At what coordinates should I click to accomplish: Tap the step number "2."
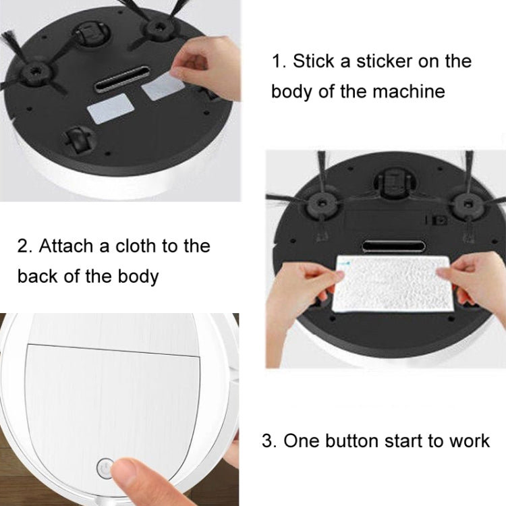coord(25,246)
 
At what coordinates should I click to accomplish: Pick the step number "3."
coord(269,441)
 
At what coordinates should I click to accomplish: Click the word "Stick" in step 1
coord(314,61)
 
